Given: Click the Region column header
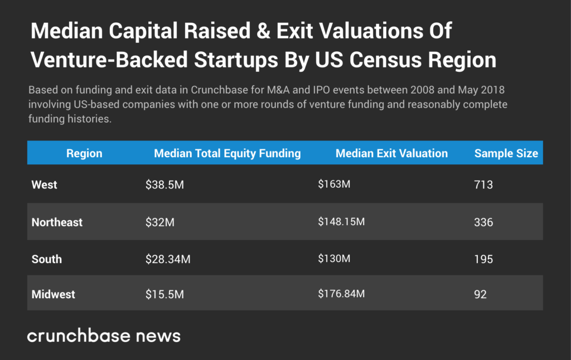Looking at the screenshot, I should click(x=84, y=153).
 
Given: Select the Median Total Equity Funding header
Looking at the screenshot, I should click(x=227, y=153).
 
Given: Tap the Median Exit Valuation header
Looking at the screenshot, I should click(x=391, y=153).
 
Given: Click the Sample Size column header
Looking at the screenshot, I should click(x=506, y=153).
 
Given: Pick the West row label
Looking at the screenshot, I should click(x=45, y=184).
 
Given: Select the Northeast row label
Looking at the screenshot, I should click(x=57, y=222).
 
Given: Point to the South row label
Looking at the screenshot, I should click(x=47, y=259).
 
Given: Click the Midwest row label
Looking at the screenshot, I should click(x=54, y=294).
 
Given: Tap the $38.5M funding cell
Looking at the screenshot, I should click(x=164, y=184).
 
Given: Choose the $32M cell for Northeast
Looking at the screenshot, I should click(x=160, y=222).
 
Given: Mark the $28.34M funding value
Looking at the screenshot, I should click(x=168, y=259).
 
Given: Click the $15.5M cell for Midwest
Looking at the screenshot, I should click(x=164, y=294).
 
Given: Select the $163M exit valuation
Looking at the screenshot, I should click(x=334, y=184).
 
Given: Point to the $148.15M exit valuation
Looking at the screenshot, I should click(x=341, y=221).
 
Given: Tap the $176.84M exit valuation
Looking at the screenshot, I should click(x=341, y=293).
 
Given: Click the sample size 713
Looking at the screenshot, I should click(x=483, y=184).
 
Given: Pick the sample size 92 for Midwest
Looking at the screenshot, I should click(x=480, y=294).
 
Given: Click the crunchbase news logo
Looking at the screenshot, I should click(x=104, y=335).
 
